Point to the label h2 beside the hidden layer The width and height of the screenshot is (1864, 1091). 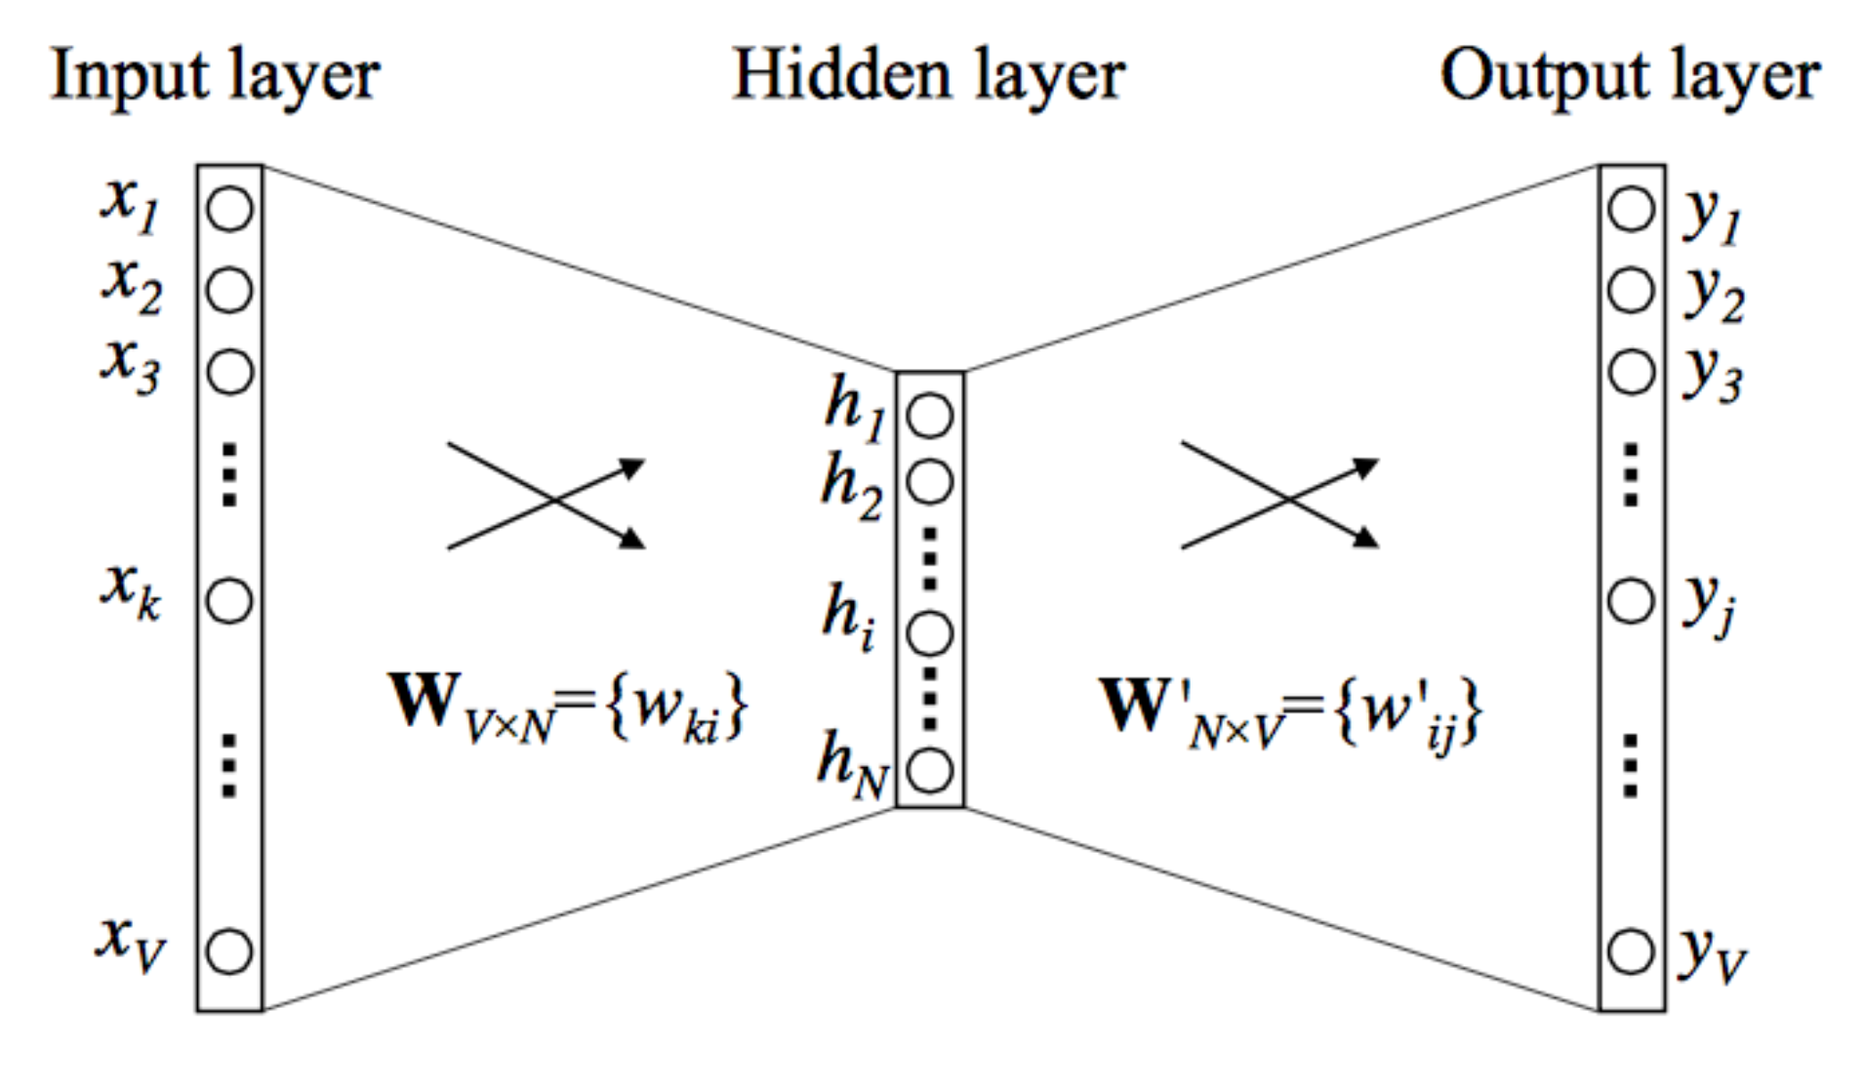click(x=851, y=486)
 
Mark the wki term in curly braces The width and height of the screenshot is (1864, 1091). click(x=675, y=709)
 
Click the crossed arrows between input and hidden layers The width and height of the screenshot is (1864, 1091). click(x=547, y=496)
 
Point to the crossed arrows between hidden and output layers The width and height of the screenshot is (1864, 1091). click(x=1280, y=496)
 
